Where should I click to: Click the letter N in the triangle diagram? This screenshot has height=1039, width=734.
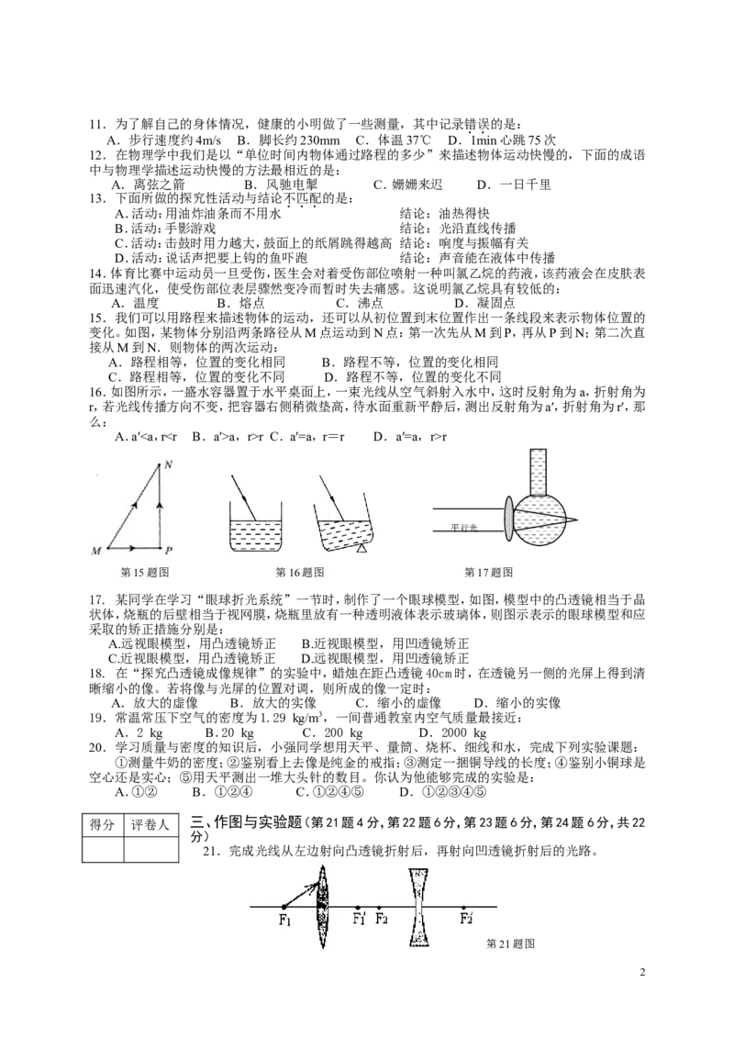click(x=168, y=465)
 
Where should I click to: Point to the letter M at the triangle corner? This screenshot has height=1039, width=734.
click(x=96, y=552)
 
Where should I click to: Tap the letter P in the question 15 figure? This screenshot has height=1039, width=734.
click(x=169, y=550)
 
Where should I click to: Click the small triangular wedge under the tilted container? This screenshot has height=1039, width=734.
click(x=361, y=549)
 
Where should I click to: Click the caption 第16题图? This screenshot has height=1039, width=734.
click(x=299, y=572)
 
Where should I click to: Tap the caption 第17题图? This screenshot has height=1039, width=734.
click(x=488, y=572)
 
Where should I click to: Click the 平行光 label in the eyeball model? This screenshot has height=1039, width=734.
click(x=464, y=528)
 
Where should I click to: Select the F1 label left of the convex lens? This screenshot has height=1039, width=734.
click(x=285, y=920)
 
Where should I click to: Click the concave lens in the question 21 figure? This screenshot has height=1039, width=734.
click(x=418, y=908)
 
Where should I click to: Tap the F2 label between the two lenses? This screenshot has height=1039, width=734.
click(x=381, y=919)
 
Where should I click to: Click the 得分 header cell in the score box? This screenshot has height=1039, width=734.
click(x=103, y=825)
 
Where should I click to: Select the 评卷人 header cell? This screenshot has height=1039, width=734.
click(x=150, y=825)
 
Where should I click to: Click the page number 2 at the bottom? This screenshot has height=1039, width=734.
click(x=642, y=973)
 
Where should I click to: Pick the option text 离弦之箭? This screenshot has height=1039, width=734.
click(x=159, y=184)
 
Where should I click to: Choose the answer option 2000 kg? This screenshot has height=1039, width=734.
click(x=452, y=732)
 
